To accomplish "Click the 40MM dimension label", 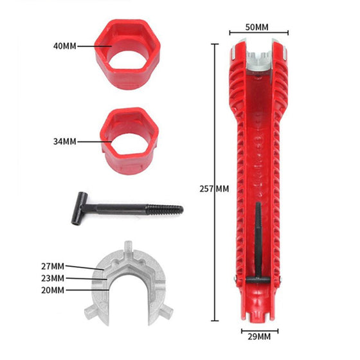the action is click(x=65, y=46).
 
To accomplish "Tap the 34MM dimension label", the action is click(x=65, y=141).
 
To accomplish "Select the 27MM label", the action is click(x=53, y=266).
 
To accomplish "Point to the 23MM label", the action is click(x=53, y=278).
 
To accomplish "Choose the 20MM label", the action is click(x=53, y=290).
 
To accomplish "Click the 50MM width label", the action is click(x=257, y=27).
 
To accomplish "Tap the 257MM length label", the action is click(x=214, y=189).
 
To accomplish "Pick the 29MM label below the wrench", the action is click(x=259, y=337).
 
